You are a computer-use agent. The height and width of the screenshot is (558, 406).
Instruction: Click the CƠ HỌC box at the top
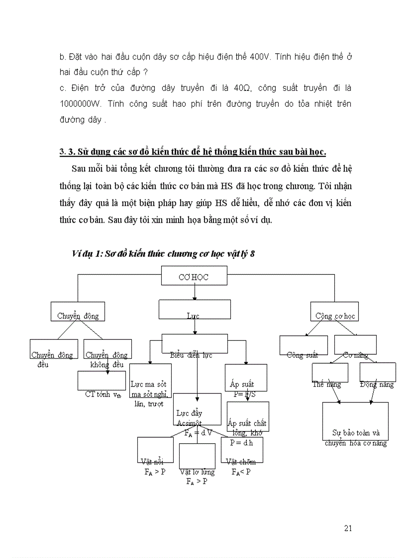click(x=194, y=277)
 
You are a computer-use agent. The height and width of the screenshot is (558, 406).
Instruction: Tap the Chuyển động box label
click(x=78, y=316)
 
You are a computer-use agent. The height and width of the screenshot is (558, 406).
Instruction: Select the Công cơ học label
click(x=335, y=316)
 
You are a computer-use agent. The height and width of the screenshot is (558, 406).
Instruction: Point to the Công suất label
click(x=303, y=355)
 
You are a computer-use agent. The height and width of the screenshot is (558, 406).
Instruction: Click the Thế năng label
click(x=327, y=384)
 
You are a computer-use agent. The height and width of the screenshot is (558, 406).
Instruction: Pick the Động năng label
click(x=377, y=384)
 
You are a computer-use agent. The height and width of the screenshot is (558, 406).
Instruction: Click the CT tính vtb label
click(x=103, y=395)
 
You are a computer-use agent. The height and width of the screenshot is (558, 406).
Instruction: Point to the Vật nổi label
click(x=152, y=462)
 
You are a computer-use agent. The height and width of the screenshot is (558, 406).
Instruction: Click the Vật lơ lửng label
click(x=198, y=472)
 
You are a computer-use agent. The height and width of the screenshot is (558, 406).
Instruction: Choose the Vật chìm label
click(x=241, y=462)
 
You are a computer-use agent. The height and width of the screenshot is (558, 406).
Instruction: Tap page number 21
click(x=348, y=528)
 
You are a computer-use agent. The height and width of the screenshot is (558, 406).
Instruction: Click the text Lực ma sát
click(x=148, y=384)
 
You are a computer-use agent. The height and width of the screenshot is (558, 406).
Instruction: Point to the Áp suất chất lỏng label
click(x=247, y=423)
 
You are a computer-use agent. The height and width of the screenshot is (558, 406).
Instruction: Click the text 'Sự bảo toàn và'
click(x=356, y=433)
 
